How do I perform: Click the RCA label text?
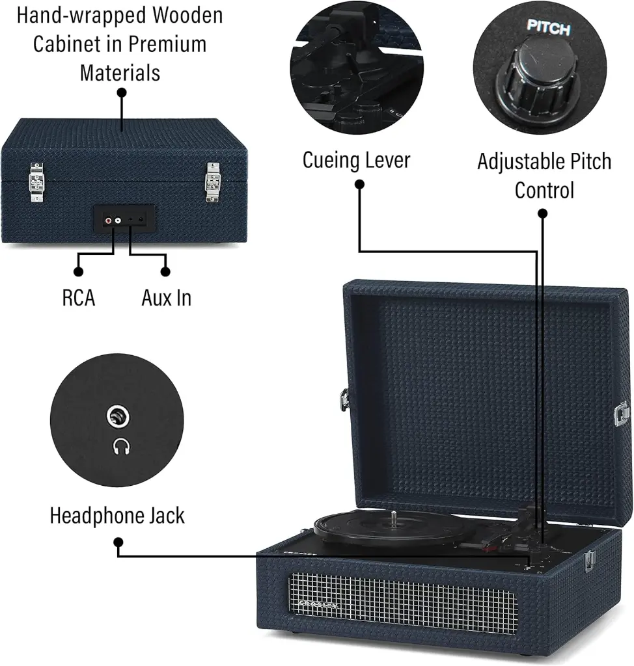[x=79, y=298]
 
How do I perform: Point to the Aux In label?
[x=167, y=298]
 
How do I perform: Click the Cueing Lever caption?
[x=356, y=160]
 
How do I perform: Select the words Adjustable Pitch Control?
[x=544, y=176]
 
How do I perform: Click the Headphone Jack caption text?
[x=117, y=516]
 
